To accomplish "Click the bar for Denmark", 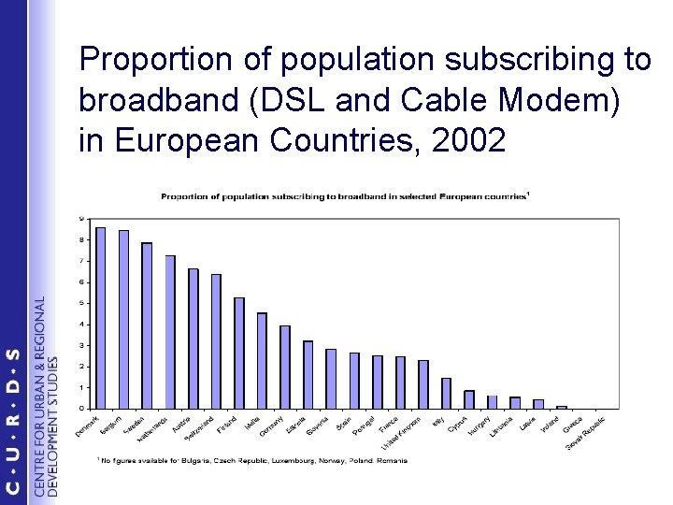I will [x=101, y=318].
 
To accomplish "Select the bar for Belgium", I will [x=123, y=319].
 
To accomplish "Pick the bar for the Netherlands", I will [x=170, y=332].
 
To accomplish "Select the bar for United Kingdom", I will [x=423, y=384].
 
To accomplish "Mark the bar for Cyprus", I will [x=469, y=399].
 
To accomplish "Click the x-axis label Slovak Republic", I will [x=587, y=431].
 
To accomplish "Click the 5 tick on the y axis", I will [x=82, y=303].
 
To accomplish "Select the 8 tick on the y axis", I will [x=82, y=239].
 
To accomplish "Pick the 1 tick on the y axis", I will [x=82, y=387].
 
